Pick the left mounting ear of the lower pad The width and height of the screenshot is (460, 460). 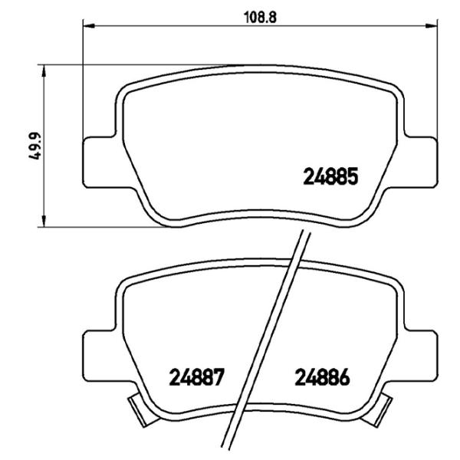pos(98,349)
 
